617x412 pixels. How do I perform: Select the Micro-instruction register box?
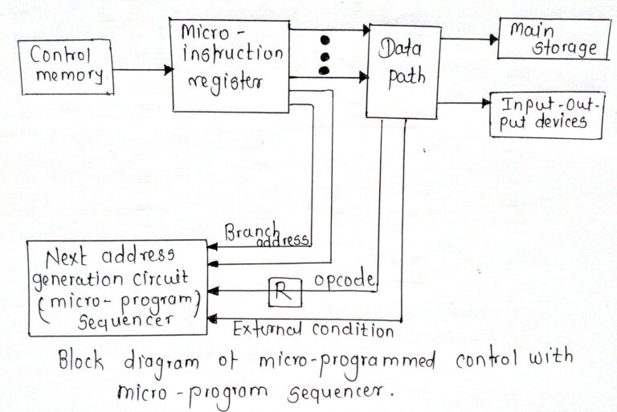coord(231,64)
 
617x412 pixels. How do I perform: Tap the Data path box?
coord(403,72)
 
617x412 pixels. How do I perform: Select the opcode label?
coord(345,280)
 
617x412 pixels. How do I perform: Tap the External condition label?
coord(313,329)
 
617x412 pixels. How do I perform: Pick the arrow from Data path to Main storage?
coord(468,37)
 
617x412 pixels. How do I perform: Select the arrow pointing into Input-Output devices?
coord(466,104)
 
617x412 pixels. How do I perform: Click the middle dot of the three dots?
coord(325,55)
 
